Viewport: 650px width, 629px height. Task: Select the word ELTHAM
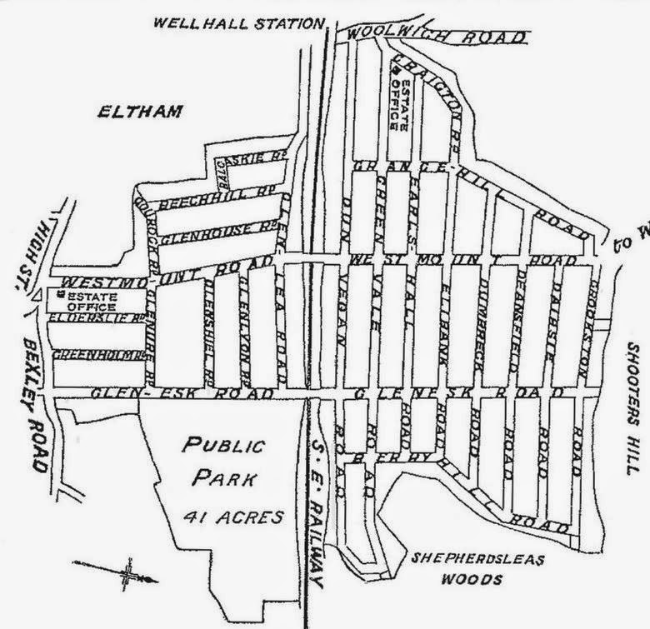[138, 111]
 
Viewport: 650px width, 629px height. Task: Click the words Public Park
[223, 461]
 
